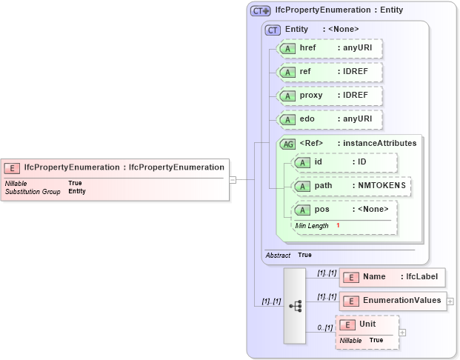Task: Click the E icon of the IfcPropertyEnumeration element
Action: pos(13,167)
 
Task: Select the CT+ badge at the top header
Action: pos(260,10)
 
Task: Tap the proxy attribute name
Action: pos(311,96)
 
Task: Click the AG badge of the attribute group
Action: pos(287,144)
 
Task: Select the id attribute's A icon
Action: pos(302,162)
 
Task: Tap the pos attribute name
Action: pos(322,210)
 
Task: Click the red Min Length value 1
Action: pos(338,225)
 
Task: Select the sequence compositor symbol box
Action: pos(295,306)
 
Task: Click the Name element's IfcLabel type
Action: pos(422,277)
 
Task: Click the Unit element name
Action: pos(367,324)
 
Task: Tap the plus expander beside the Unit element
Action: pos(402,332)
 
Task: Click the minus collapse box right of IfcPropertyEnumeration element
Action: pos(233,179)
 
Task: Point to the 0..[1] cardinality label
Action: pos(324,327)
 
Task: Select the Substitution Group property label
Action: pos(33,191)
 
